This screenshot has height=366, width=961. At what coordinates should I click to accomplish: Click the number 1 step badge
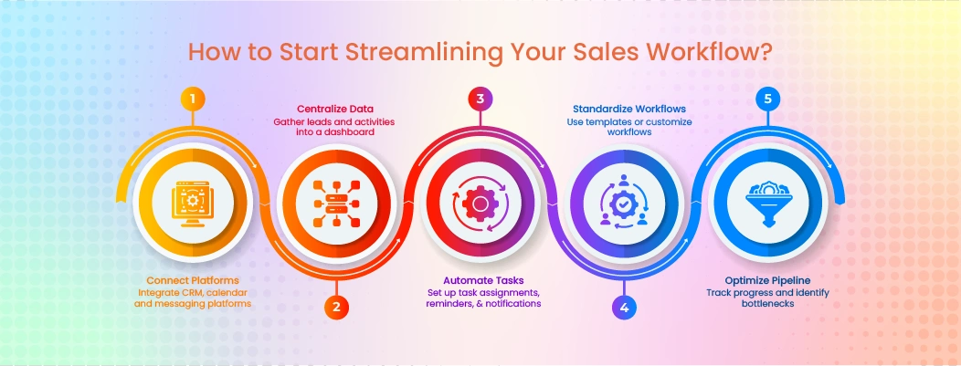click(x=192, y=99)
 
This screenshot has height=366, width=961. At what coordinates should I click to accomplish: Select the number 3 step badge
click(x=480, y=99)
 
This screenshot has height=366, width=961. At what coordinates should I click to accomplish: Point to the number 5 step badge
click(x=768, y=99)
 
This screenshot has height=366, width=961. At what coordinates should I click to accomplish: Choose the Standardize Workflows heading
click(x=624, y=109)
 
